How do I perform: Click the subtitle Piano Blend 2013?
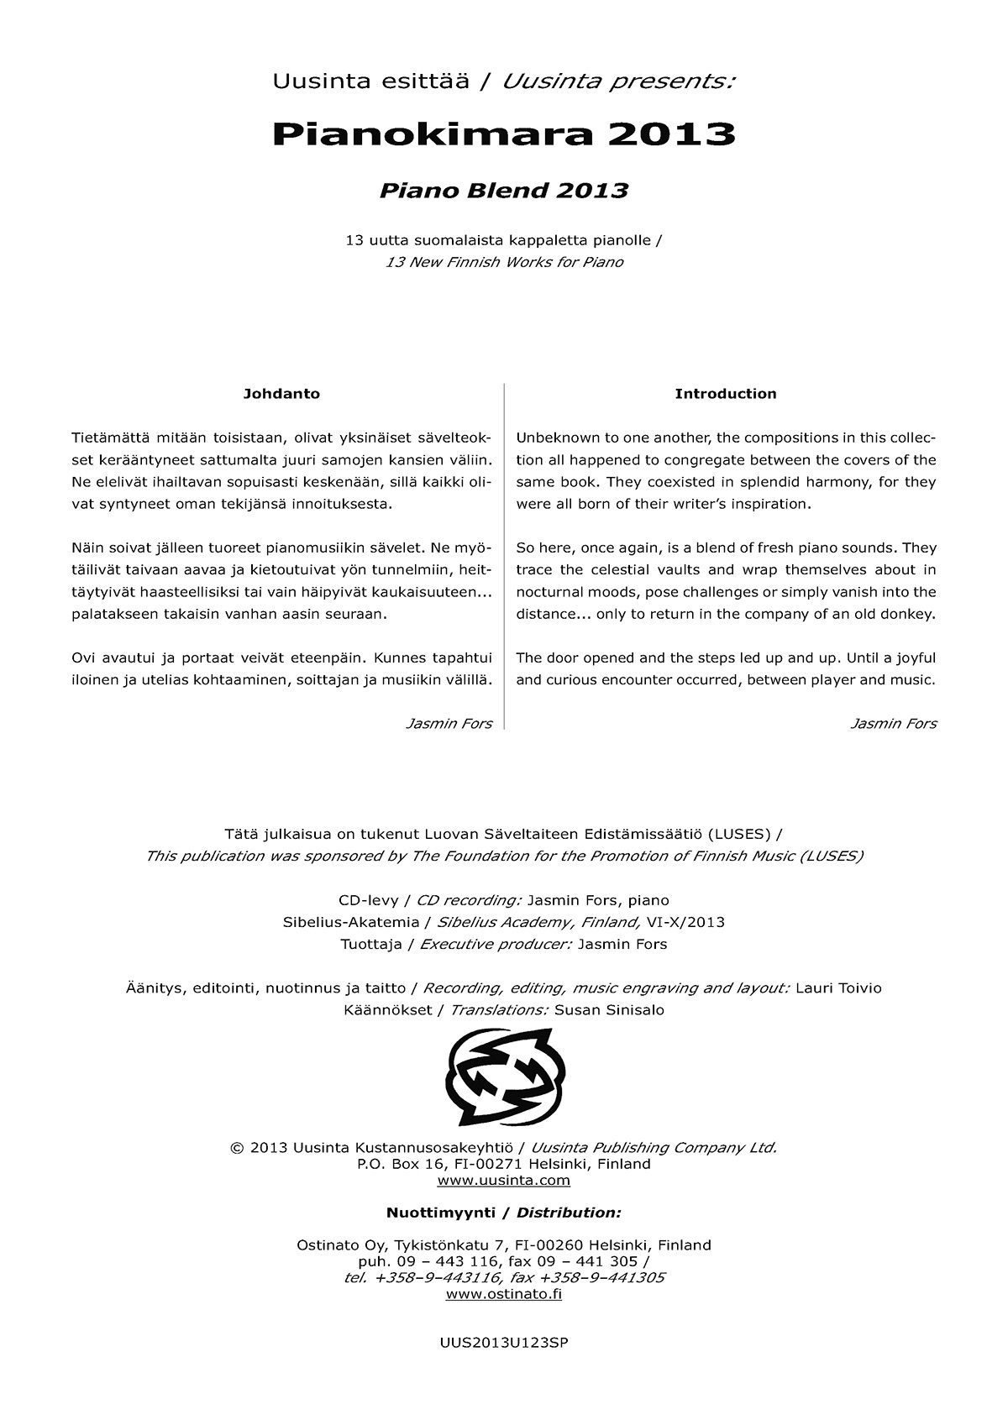pos(504,191)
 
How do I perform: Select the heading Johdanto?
pos(281,394)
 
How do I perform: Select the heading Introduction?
pos(726,394)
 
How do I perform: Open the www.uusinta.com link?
pos(504,1181)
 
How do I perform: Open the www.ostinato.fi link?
pos(504,1294)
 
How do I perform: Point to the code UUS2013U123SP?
pos(504,1343)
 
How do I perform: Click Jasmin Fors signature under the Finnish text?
pos(449,724)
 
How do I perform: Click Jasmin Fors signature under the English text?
pos(893,724)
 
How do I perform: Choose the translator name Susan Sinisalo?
pos(609,1010)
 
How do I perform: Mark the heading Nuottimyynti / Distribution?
pos(504,1213)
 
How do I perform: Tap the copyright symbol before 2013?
pos(235,1148)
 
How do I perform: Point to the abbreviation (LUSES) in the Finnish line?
pos(740,835)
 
